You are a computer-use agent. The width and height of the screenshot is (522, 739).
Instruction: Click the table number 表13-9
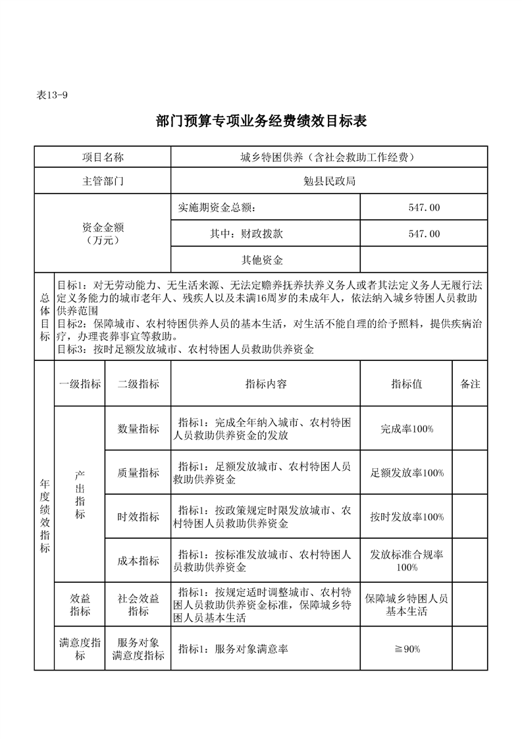(52, 95)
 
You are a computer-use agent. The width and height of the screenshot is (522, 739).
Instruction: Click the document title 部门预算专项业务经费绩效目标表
(261, 121)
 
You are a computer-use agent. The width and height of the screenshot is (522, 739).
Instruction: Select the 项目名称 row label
(103, 157)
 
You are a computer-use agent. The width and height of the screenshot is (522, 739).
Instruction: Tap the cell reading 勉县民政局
(329, 181)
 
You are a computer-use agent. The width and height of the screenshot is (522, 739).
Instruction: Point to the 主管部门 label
(103, 181)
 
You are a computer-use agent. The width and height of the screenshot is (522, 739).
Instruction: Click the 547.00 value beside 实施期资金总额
(424, 207)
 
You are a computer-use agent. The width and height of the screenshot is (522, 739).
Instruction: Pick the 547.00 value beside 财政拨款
(424, 234)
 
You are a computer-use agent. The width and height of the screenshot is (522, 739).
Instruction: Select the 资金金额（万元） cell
(103, 234)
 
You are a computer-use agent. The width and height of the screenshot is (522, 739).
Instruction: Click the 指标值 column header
(406, 384)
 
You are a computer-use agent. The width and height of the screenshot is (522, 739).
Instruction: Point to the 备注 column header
(470, 384)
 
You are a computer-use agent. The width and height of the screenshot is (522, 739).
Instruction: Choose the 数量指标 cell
(138, 429)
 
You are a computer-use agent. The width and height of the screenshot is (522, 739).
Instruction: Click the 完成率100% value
(406, 429)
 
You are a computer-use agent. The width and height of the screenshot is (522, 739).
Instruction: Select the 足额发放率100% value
(406, 473)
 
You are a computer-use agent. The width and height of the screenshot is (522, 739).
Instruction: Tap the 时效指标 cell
(138, 517)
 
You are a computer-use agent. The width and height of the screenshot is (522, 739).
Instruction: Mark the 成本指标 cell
(138, 561)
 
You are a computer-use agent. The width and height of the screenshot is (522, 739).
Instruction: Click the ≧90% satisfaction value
(406, 649)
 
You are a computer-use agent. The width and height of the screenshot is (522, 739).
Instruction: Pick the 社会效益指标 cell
(138, 605)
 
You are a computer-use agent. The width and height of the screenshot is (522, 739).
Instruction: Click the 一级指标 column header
(80, 384)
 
